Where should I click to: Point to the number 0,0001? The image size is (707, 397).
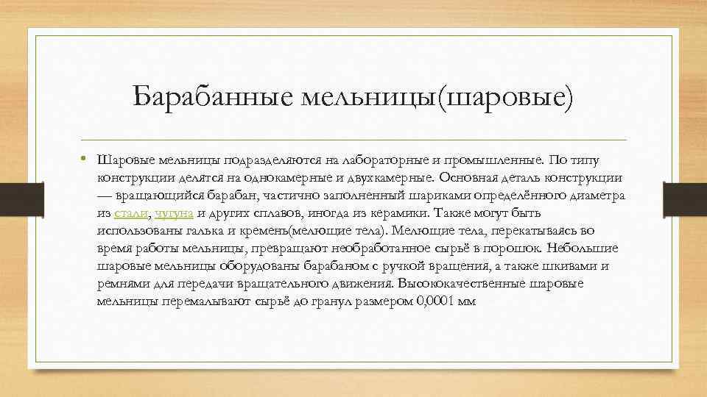click(x=436, y=301)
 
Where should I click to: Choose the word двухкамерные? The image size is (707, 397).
click(x=392, y=178)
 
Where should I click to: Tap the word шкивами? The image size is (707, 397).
click(x=577, y=266)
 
